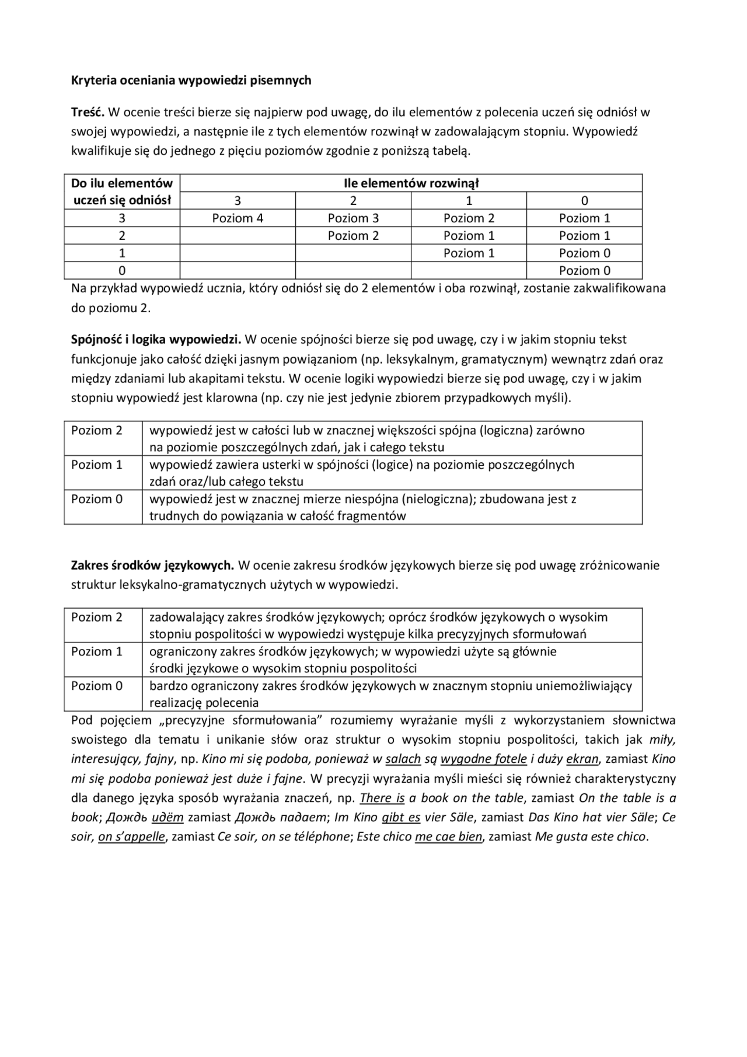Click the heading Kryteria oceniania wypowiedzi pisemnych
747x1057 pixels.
point(191,81)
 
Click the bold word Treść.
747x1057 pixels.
point(88,112)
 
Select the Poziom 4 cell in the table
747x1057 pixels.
point(238,218)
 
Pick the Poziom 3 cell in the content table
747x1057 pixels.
point(353,218)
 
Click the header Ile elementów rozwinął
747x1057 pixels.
point(411,183)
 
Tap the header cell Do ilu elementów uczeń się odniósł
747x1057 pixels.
point(122,192)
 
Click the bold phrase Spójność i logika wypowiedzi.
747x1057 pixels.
point(156,340)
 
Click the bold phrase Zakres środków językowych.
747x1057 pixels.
point(152,566)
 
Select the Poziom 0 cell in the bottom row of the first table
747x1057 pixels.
point(584,271)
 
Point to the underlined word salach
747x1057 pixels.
point(403,759)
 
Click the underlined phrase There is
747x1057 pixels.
point(382,798)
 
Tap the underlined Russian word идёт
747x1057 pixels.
point(167,818)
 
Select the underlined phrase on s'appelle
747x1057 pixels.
point(132,837)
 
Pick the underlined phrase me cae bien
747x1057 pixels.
point(448,837)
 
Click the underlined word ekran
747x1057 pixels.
point(582,759)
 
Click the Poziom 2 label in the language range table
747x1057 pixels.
point(97,618)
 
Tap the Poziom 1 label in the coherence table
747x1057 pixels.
point(97,465)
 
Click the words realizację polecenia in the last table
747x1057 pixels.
point(204,703)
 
